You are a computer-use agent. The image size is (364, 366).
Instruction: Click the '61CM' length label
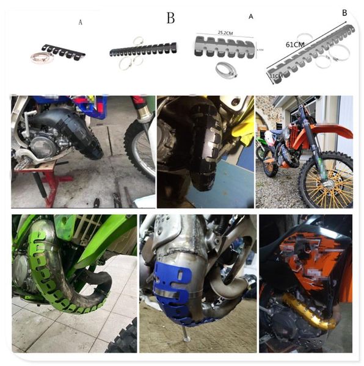click(294, 45)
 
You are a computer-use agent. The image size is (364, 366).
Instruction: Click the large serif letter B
click(170, 18)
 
